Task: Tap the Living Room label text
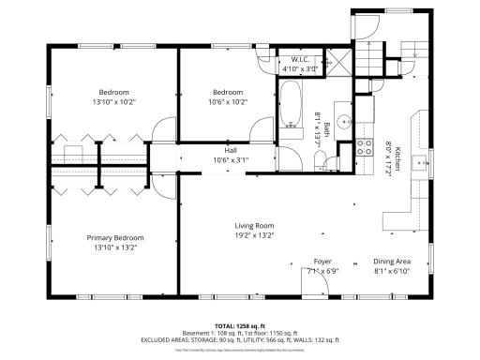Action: point(253,226)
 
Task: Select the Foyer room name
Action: point(322,262)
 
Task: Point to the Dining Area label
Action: point(391,262)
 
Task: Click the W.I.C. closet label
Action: point(299,60)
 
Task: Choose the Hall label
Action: point(230,150)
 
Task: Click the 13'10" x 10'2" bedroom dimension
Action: point(114,101)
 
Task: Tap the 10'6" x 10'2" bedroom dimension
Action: point(228,101)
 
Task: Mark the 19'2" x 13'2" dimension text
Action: point(253,236)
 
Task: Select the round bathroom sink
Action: point(343,120)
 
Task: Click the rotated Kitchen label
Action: point(397,157)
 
